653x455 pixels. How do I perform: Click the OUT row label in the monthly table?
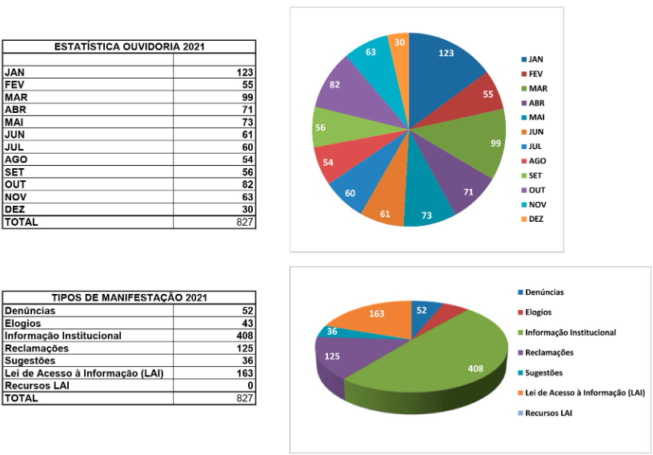point(15,184)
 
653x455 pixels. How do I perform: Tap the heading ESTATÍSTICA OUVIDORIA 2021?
point(128,47)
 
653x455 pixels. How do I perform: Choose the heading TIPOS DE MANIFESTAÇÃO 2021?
point(128,298)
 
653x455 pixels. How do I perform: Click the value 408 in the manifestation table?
point(244,336)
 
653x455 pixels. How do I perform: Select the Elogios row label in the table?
point(22,323)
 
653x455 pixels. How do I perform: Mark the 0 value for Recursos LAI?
point(250,385)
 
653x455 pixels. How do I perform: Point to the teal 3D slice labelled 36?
point(331,332)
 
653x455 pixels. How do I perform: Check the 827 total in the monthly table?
point(243,222)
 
